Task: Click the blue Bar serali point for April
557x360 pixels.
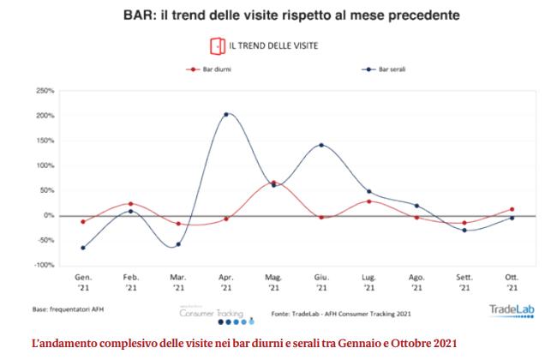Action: click(x=226, y=114)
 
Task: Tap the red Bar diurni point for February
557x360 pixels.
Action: click(x=130, y=204)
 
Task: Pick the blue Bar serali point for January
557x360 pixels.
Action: click(x=82, y=248)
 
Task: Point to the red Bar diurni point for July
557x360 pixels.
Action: click(x=368, y=201)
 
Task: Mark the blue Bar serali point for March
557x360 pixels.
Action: click(x=178, y=244)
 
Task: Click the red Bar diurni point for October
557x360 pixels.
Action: click(x=512, y=209)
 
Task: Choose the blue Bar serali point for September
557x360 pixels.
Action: click(x=464, y=230)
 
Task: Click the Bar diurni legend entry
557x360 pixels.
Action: click(x=204, y=71)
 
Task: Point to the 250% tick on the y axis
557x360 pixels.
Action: click(x=45, y=90)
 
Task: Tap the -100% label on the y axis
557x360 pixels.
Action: click(x=44, y=266)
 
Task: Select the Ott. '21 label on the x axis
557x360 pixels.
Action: click(x=512, y=283)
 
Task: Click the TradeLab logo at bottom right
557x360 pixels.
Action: click(x=511, y=310)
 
